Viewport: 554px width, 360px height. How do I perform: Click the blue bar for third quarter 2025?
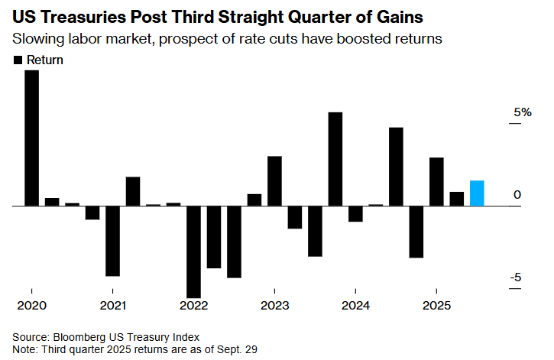[x=477, y=193]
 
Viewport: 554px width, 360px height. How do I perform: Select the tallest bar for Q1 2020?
[x=32, y=138]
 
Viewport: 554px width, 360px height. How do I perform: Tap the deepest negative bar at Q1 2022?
[x=193, y=251]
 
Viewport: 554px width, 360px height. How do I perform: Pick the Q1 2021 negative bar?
[x=113, y=241]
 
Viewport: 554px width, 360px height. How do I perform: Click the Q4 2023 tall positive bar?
[x=335, y=159]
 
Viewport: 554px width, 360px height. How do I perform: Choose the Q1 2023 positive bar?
[x=274, y=181]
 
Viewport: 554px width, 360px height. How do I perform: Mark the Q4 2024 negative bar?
[x=416, y=232]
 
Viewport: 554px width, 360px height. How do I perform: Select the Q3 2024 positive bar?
[x=396, y=167]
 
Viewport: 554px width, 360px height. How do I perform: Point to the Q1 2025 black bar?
[x=436, y=182]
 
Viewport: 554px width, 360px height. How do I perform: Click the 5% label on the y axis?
[x=522, y=112]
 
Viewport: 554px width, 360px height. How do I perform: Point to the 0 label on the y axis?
[x=517, y=195]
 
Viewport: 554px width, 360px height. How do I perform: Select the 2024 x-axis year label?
[x=355, y=305]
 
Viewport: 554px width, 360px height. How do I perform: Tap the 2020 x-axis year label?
[x=32, y=305]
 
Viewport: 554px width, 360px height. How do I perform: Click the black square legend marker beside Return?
[x=18, y=60]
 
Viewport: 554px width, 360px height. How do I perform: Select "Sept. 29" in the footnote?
[x=236, y=349]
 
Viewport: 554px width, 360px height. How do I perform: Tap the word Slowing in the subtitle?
[x=37, y=38]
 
